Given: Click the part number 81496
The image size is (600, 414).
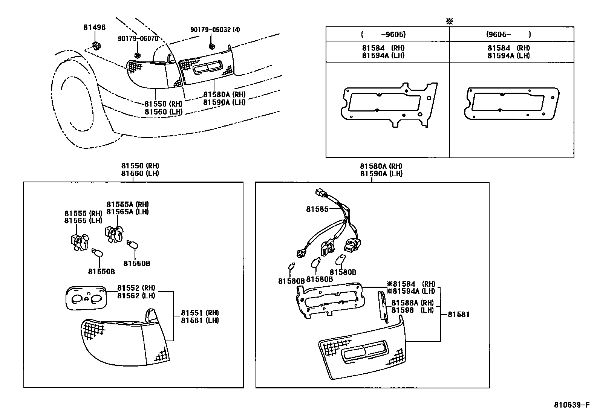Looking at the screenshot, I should (94, 27).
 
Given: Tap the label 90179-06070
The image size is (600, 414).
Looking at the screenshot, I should (138, 38).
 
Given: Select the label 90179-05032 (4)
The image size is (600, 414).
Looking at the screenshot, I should (215, 30).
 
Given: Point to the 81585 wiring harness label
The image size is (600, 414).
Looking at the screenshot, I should (317, 209).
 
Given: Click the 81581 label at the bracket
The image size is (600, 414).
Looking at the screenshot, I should (459, 314).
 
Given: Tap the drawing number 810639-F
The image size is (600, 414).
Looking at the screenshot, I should (571, 405).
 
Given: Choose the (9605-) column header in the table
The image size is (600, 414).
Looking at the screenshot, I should (508, 34).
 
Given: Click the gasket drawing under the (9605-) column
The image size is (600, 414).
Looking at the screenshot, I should (513, 104).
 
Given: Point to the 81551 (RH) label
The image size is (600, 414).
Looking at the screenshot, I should (199, 313).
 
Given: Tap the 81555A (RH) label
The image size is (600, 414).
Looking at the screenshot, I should (127, 205).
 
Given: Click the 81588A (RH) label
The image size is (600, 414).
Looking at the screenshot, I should (412, 303).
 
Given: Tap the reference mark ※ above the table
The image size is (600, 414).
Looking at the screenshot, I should (449, 21).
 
